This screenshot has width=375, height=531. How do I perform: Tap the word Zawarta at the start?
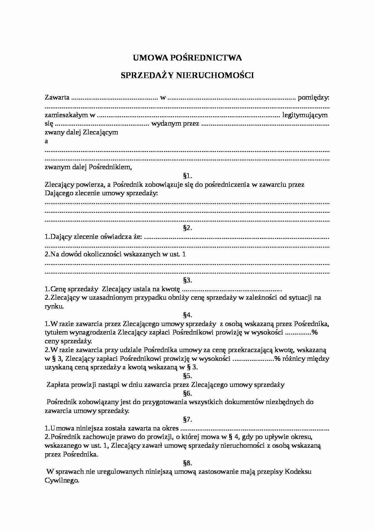click(x=57, y=98)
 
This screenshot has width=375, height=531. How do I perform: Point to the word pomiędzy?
click(x=314, y=98)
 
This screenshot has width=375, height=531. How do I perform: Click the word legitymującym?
click(x=305, y=115)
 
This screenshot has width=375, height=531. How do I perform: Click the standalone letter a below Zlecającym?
click(x=46, y=141)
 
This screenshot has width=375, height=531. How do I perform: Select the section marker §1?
click(x=187, y=176)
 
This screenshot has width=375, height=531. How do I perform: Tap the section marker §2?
click(x=187, y=228)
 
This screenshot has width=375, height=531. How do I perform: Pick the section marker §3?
click(x=187, y=280)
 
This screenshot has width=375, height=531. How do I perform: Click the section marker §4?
click(x=187, y=315)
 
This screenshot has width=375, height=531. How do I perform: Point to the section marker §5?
click(x=187, y=376)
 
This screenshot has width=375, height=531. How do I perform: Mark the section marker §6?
click(x=187, y=394)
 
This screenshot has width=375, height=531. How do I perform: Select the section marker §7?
click(x=187, y=420)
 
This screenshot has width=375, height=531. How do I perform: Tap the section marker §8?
click(x=187, y=463)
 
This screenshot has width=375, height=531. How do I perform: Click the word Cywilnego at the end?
click(x=62, y=480)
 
